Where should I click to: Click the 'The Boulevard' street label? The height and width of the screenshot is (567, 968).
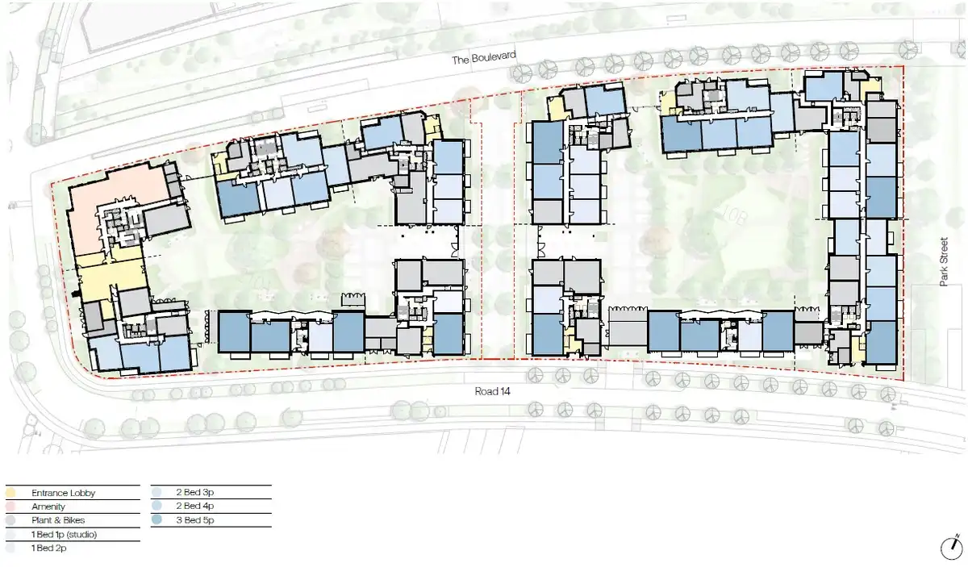coord(483,57)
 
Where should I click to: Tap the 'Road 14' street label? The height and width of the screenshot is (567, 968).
coord(492,391)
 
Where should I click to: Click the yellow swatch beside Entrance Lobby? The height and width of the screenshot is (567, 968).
coord(10,493)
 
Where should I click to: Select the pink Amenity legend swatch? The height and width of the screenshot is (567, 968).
coord(10,507)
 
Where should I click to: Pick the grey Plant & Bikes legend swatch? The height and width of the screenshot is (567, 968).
coord(10,520)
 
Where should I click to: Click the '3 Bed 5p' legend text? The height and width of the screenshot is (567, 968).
coord(195,520)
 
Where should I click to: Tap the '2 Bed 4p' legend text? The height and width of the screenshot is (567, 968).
coord(195,506)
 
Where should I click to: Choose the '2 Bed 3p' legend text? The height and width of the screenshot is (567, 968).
coord(195,492)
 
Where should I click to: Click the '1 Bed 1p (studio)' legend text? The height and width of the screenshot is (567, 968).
coord(64,535)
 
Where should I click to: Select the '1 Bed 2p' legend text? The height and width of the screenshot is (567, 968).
coord(49,548)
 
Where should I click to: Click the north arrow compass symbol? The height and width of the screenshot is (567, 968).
coord(952,548)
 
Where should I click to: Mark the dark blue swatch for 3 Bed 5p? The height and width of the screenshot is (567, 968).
coord(156,519)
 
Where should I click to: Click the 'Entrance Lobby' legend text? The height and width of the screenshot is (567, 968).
coord(63,493)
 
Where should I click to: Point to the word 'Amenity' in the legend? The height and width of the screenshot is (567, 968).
coord(48,507)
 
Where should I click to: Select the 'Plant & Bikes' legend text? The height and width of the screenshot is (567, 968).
coord(58,520)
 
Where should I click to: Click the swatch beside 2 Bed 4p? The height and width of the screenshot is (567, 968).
coord(156,506)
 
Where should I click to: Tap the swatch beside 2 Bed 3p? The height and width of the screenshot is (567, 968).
coord(156,492)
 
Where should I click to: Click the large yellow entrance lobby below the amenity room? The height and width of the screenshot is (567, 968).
coord(111,277)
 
